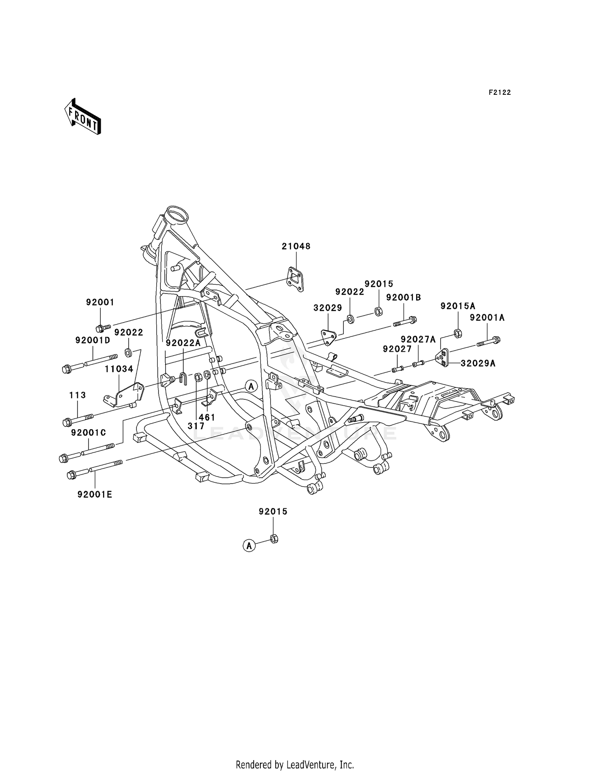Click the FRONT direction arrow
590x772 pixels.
point(83,117)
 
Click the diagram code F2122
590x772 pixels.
point(500,92)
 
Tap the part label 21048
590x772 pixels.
point(296,246)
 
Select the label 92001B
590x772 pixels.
point(403,297)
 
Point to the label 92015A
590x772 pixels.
point(457,306)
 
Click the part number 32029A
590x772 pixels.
point(478,364)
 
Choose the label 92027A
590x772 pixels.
point(418,339)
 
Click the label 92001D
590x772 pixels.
point(93,340)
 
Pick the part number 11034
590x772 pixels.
point(119,369)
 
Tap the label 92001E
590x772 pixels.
point(95,495)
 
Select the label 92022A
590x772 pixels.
point(183,343)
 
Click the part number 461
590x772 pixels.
point(207,417)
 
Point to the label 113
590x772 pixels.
point(77,395)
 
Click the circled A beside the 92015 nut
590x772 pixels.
point(249,546)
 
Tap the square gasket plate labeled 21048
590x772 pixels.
point(295,279)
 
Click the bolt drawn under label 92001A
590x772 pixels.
point(488,341)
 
